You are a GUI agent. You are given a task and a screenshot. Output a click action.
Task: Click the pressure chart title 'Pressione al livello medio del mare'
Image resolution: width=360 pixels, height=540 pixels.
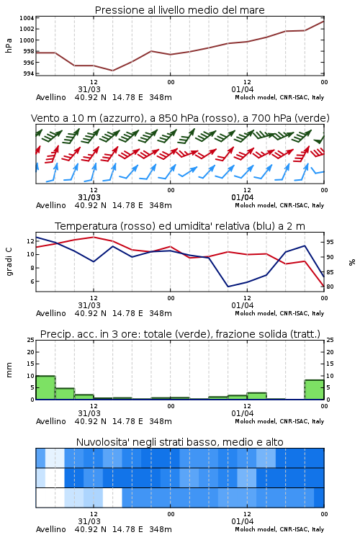pos(179,10)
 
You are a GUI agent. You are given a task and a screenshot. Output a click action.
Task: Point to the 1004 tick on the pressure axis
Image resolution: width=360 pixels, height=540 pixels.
pos(27,18)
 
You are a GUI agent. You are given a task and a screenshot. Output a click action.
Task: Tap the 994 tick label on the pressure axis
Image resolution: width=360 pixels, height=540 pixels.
pos(29,73)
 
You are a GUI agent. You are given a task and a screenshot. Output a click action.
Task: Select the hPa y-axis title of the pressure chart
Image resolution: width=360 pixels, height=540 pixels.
pos(9,45)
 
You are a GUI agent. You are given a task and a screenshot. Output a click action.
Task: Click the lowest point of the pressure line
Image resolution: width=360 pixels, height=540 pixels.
pos(112,71)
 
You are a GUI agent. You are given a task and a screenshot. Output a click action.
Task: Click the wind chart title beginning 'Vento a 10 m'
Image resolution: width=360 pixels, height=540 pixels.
pos(180,118)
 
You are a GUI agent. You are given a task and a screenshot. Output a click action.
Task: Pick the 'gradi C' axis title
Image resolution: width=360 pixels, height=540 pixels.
pos(9,261)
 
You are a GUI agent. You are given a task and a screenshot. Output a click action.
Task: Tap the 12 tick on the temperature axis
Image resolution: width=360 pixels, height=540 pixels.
pos(31,241)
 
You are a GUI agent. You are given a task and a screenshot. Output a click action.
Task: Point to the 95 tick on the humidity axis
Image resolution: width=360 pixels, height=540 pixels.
pos(330,242)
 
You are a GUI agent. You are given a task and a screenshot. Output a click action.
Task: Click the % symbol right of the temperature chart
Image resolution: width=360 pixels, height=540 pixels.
pos(352,262)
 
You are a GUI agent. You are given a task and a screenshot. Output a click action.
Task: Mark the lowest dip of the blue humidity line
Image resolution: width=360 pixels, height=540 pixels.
pos(228,287)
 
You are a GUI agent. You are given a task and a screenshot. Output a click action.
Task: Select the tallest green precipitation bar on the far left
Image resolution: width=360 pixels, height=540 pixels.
pos(45,387)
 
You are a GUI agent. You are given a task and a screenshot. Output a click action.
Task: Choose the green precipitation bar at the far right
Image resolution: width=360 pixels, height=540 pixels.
pos(314,390)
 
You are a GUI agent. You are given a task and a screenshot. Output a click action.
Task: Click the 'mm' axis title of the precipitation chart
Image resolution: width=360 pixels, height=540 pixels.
pos(9,370)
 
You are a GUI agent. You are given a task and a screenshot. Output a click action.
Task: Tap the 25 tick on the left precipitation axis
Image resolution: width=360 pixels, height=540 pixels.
pos(31,340)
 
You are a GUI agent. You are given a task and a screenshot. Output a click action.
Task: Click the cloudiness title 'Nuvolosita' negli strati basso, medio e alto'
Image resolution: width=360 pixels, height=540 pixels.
pos(179,442)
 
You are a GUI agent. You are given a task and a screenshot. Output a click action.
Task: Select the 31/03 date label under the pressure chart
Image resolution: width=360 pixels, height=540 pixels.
pos(89,89)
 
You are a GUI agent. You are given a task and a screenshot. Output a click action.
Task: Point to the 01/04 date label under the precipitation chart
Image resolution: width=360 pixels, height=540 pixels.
pos(243,413)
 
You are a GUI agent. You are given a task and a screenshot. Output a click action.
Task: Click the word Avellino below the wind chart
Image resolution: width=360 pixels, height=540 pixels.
pos(51,205)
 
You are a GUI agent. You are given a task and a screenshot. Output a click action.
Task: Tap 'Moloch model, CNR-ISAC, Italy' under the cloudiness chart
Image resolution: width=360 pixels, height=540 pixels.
pos(279,529)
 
